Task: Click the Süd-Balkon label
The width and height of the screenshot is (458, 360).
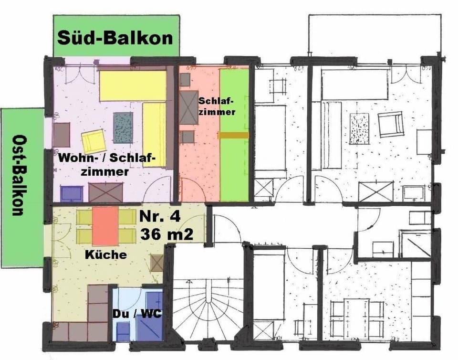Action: [115, 38]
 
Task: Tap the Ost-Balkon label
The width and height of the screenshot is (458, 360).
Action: [18, 175]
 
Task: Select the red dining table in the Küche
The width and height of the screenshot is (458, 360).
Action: [105, 226]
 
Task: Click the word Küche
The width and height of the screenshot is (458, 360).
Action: [106, 254]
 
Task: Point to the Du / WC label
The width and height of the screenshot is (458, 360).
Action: [137, 314]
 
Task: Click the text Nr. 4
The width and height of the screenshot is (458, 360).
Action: [160, 217]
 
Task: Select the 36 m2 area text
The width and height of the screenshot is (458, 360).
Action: [167, 234]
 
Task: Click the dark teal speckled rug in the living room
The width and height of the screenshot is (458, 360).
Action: [123, 127]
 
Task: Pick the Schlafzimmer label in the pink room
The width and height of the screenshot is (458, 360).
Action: [217, 106]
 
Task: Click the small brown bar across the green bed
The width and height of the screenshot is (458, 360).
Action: [233, 135]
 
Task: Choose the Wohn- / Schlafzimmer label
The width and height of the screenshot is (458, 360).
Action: [107, 165]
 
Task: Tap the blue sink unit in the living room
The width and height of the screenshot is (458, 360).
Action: [72, 193]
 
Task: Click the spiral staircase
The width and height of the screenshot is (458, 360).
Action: [208, 310]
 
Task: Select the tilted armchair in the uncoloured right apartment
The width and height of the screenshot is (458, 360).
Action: [391, 126]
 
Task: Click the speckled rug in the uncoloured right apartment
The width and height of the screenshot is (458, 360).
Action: [359, 128]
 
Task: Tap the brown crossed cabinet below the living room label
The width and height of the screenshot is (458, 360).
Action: [106, 192]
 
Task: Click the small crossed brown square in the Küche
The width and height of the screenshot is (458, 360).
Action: [157, 263]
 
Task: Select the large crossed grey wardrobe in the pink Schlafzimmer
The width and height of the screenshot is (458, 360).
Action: [189, 107]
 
